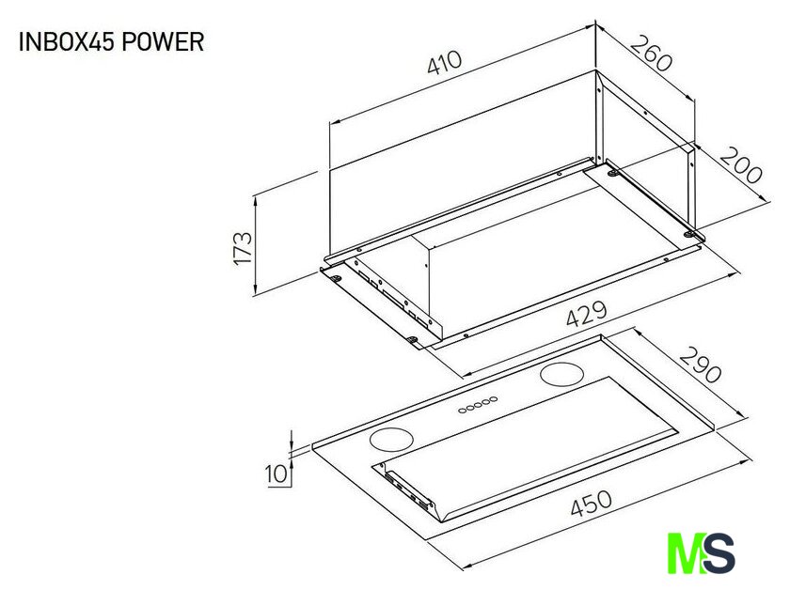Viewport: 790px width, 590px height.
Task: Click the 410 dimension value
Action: coord(444,62)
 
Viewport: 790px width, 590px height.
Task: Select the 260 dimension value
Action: coord(651,53)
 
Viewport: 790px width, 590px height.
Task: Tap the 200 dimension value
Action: coord(739,165)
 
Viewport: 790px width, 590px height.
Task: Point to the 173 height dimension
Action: coord(243,247)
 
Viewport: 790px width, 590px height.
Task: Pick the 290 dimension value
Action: coord(700,365)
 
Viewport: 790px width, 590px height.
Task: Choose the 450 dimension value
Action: coord(592,504)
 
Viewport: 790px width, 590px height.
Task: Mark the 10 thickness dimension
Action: coord(276,474)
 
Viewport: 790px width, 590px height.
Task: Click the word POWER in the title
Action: coord(163,41)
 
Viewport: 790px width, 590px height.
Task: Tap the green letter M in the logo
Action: coord(686,552)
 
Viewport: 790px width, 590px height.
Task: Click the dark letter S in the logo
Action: coord(718,552)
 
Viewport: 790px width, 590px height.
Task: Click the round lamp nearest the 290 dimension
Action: coord(561,374)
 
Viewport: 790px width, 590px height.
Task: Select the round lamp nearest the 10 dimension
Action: coord(391,440)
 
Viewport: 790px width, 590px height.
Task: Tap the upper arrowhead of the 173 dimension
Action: coord(256,198)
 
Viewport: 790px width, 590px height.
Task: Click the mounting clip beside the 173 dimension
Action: coord(335,277)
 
